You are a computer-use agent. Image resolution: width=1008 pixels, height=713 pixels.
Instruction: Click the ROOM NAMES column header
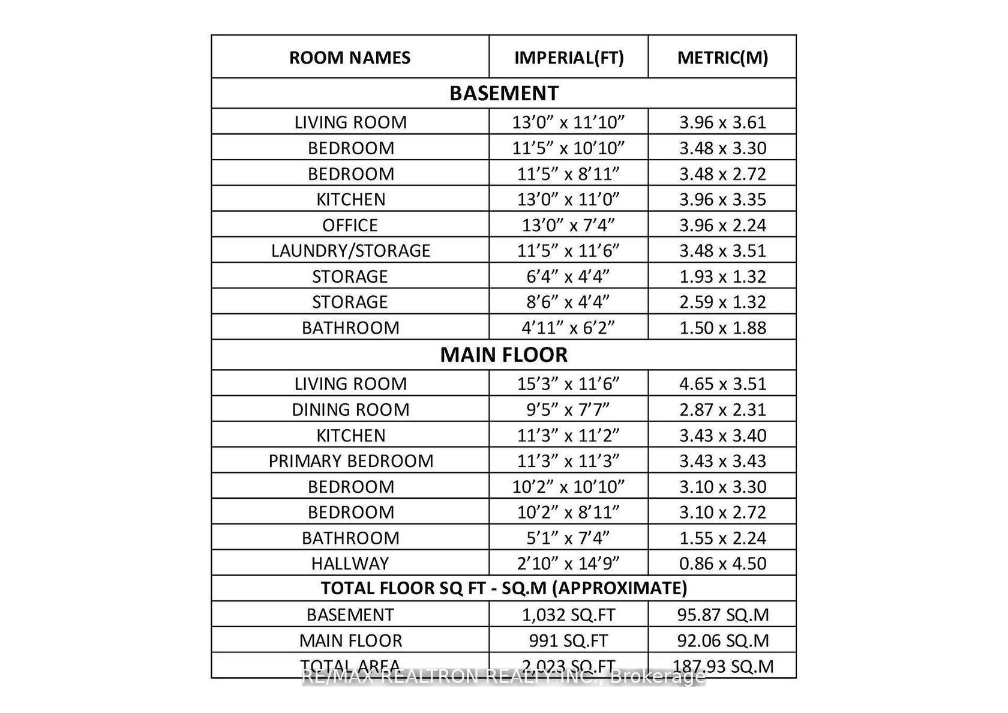350,58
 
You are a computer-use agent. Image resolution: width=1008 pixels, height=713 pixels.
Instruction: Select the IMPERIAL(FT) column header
569,58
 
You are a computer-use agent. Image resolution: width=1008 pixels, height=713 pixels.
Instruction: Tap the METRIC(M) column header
722,58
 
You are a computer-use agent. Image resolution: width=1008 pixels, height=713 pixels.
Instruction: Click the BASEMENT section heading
504,93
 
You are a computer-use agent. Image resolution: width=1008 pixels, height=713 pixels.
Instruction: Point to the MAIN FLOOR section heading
504,355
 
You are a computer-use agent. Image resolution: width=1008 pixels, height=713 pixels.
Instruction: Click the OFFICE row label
350,225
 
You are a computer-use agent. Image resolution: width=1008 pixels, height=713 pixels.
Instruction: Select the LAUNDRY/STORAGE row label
350,250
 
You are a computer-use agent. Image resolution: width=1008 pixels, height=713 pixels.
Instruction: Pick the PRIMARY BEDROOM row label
350,461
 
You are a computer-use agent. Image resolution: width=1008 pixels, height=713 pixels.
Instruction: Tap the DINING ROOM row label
350,409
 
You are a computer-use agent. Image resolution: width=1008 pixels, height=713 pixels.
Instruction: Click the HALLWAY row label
350,564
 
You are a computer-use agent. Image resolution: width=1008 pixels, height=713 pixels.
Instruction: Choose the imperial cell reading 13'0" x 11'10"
569,122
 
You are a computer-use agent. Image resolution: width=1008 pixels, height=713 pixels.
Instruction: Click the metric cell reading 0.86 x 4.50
722,564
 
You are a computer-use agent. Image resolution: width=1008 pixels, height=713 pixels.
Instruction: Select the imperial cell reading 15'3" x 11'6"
569,384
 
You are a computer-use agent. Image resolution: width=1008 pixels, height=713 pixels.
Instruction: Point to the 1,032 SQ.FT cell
569,615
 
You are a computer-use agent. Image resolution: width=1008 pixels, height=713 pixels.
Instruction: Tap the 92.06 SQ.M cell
722,640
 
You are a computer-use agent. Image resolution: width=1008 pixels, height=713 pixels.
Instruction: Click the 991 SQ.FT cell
569,640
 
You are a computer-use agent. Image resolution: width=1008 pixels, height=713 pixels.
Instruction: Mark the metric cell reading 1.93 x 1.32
722,277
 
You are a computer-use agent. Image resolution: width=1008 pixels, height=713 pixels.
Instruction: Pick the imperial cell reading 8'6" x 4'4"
569,302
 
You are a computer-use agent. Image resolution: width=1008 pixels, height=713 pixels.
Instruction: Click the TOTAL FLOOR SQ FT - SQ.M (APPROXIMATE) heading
504,588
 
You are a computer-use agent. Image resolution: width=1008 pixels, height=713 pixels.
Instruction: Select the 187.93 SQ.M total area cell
722,666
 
